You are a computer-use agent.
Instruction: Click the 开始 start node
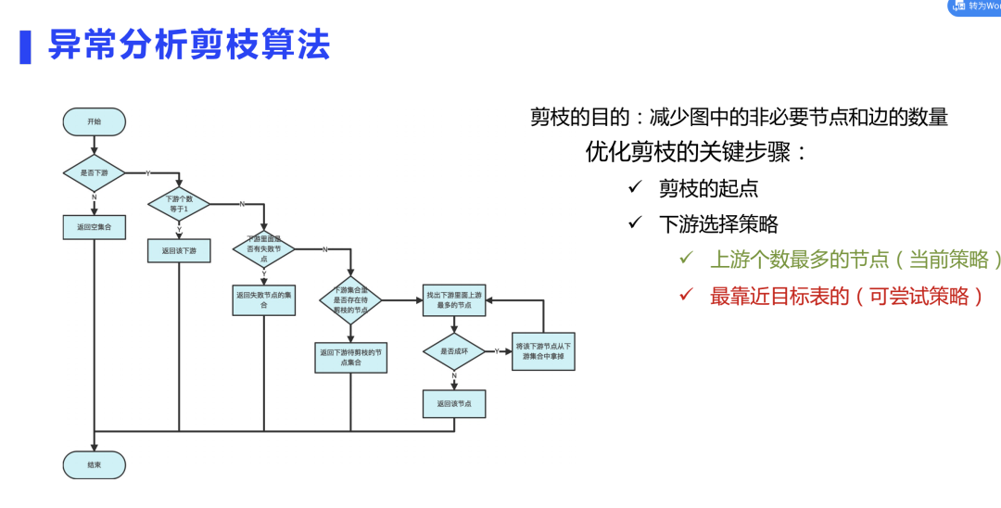click(94, 121)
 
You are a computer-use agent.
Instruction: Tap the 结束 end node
click(94, 465)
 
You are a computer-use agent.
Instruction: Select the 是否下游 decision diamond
click(94, 173)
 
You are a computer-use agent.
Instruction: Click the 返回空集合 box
click(94, 226)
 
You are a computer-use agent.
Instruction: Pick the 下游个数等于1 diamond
click(179, 203)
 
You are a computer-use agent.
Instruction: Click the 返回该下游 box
click(179, 250)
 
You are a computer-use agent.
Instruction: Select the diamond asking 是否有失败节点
click(263, 248)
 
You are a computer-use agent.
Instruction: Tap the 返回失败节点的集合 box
click(263, 299)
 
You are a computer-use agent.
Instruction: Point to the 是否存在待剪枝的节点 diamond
click(350, 299)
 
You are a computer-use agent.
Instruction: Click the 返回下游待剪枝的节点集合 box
click(350, 357)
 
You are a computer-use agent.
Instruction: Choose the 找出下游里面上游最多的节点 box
click(454, 299)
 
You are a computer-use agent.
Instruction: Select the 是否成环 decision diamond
click(454, 351)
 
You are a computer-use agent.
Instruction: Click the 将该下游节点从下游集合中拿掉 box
click(543, 351)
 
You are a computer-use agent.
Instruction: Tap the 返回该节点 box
click(454, 403)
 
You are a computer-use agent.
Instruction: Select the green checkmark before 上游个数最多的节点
click(686, 259)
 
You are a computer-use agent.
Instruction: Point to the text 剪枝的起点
click(708, 188)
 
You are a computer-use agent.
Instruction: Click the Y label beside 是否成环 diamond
click(498, 350)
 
